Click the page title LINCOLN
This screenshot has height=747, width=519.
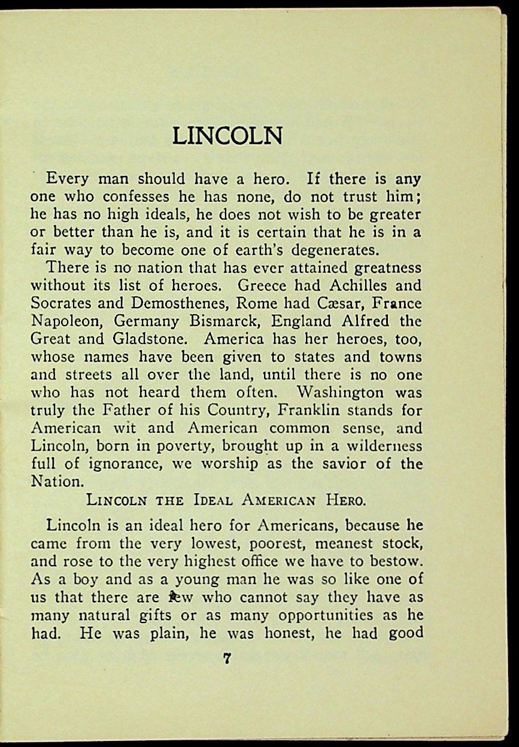[227, 136]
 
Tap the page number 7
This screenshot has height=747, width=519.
[227, 660]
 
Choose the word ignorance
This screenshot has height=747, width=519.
[113, 464]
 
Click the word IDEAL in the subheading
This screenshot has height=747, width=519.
[201, 500]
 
